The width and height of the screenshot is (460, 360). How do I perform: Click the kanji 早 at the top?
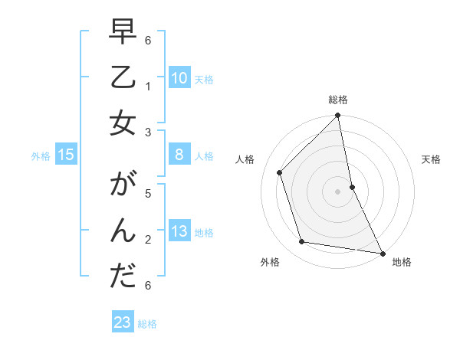tap(123, 34)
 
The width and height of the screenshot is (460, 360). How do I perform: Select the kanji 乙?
tap(123, 78)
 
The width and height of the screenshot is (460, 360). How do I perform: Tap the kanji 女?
tap(123, 123)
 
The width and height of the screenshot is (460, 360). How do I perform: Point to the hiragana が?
tap(123, 187)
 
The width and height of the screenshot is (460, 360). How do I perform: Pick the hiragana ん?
tap(123, 231)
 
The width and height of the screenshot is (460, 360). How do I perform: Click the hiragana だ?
tap(123, 277)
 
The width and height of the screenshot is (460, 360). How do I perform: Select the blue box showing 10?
tap(179, 78)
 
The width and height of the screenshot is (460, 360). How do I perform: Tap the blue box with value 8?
tap(179, 155)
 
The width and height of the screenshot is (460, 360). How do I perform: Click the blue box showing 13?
tap(179, 231)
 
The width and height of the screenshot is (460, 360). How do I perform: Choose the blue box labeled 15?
tap(66, 155)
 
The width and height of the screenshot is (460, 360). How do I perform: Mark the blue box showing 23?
tap(123, 322)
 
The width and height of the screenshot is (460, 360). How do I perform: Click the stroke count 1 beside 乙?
tap(147, 87)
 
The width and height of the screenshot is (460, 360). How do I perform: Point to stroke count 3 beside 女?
tap(147, 132)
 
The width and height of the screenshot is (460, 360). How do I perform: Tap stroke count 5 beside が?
tap(147, 195)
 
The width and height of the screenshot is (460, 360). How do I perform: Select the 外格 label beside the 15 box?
tap(41, 156)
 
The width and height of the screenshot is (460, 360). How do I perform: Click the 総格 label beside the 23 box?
tap(147, 324)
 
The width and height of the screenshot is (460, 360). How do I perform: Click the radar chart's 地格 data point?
tap(382, 252)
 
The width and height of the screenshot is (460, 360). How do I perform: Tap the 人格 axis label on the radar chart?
tap(245, 159)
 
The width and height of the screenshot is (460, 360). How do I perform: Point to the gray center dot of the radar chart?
tap(338, 191)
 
